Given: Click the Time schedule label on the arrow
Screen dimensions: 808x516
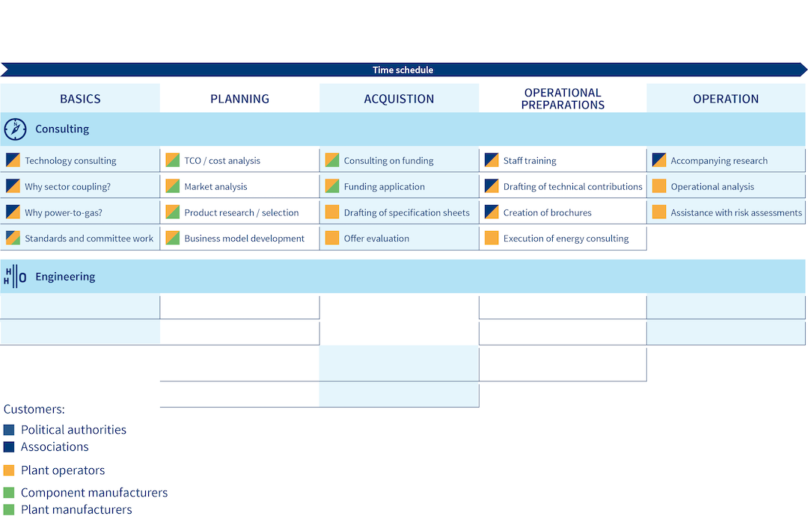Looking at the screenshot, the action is (x=403, y=70).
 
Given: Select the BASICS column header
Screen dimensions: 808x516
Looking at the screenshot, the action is (x=80, y=99).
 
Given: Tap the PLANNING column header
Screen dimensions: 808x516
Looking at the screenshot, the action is (x=239, y=99).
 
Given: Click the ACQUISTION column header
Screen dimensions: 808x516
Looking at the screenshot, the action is (x=399, y=99).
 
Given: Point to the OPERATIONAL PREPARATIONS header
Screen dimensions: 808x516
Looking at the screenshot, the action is (x=563, y=99).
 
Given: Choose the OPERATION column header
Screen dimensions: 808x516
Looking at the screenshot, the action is (x=726, y=99).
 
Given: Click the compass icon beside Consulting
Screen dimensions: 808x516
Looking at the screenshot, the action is (x=15, y=129).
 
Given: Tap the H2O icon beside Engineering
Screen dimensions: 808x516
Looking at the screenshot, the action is (x=15, y=277).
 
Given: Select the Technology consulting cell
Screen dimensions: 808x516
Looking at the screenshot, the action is (x=80, y=160).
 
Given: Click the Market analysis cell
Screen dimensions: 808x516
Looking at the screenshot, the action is (x=239, y=186).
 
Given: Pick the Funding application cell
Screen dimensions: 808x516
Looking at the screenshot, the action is (x=400, y=186).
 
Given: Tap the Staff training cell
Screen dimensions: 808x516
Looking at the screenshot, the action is (x=563, y=160).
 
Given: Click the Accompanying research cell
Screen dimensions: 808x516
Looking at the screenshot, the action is (x=726, y=160).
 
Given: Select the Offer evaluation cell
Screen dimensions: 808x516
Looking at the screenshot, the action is (x=400, y=238).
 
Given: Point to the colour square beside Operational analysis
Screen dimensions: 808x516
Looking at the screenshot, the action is (x=659, y=186).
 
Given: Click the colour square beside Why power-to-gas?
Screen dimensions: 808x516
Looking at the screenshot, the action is (x=13, y=212).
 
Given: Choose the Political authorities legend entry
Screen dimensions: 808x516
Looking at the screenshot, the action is (x=65, y=429).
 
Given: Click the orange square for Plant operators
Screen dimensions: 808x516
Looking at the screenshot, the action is (x=9, y=470).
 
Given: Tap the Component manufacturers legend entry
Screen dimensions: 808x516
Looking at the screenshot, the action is (x=85, y=492).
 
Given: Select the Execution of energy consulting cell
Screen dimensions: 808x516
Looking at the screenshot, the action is (x=563, y=238).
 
